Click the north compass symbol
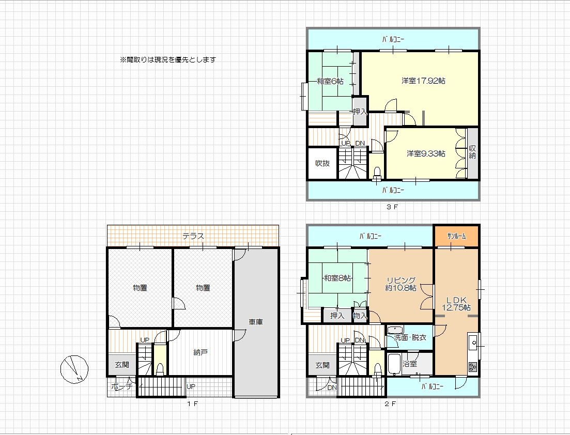[x=74, y=369]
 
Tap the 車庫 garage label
[x=256, y=322]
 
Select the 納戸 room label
[x=201, y=352]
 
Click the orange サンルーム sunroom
[x=457, y=236]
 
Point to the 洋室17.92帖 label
[x=424, y=81]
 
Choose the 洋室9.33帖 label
[x=426, y=154]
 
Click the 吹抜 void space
[x=322, y=163]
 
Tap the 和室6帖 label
[x=330, y=82]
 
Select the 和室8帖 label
[x=337, y=278]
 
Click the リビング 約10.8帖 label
[x=401, y=284]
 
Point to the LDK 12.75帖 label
[x=456, y=304]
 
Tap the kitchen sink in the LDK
[x=473, y=342]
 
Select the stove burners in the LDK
[x=473, y=367]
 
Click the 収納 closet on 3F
[x=472, y=153]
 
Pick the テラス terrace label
[x=193, y=236]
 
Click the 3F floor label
[x=392, y=207]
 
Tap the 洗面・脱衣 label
[x=410, y=337]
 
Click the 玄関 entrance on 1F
[x=122, y=365]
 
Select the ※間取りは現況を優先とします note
[x=168, y=59]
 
